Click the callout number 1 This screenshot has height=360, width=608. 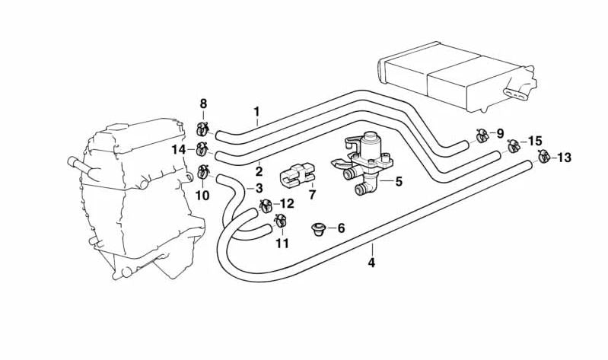[257, 111]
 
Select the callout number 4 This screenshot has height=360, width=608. [371, 263]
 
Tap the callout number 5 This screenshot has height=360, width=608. [399, 181]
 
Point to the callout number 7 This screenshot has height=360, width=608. [312, 196]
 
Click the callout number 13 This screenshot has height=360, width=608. [564, 158]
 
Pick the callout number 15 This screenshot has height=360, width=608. [535, 141]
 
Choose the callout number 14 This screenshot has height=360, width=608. [179, 149]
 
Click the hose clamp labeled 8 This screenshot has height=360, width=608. [202, 128]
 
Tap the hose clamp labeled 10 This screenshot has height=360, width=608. [202, 172]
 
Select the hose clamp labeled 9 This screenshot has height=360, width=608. [481, 135]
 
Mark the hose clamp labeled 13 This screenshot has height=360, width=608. [543, 157]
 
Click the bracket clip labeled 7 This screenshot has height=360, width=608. [298, 176]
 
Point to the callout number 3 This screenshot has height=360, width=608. [259, 188]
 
